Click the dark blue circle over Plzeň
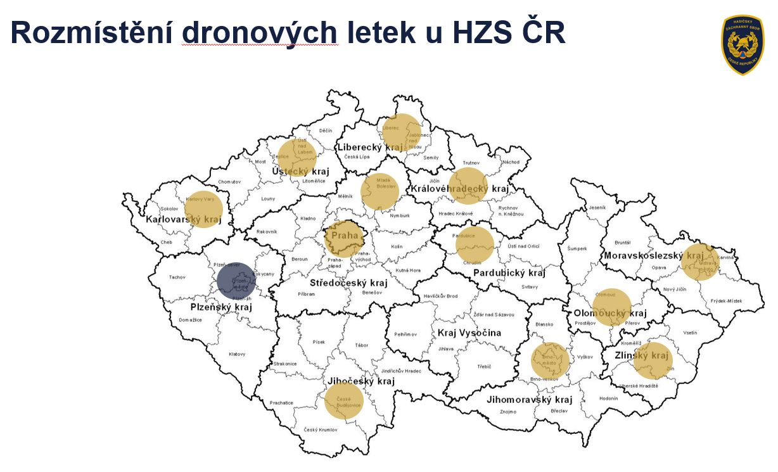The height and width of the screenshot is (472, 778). pos(236,281)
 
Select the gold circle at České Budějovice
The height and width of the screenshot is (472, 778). pos(344,401)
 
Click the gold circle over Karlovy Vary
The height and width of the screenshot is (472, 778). pos(203,208)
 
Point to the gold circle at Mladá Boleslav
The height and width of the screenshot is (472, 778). pos(380,191)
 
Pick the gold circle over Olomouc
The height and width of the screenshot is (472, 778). pos(612,307)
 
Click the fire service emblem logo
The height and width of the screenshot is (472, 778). pos(743,45)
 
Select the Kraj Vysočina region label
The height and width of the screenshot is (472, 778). pos(469,333)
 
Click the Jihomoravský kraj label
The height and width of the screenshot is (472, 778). pos(529,400)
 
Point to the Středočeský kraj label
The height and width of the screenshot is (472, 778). pos(348,283)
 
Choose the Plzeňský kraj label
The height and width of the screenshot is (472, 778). pos(221,307)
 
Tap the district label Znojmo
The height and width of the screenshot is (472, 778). pos(507,412)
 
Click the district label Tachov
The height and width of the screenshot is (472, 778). pos(177,277)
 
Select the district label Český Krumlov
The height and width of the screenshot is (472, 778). pos(320,430)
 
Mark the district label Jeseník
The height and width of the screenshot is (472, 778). pos(597,207)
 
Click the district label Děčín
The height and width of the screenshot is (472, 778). pos(326,131)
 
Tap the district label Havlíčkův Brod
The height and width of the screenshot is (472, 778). pos(440,296)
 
